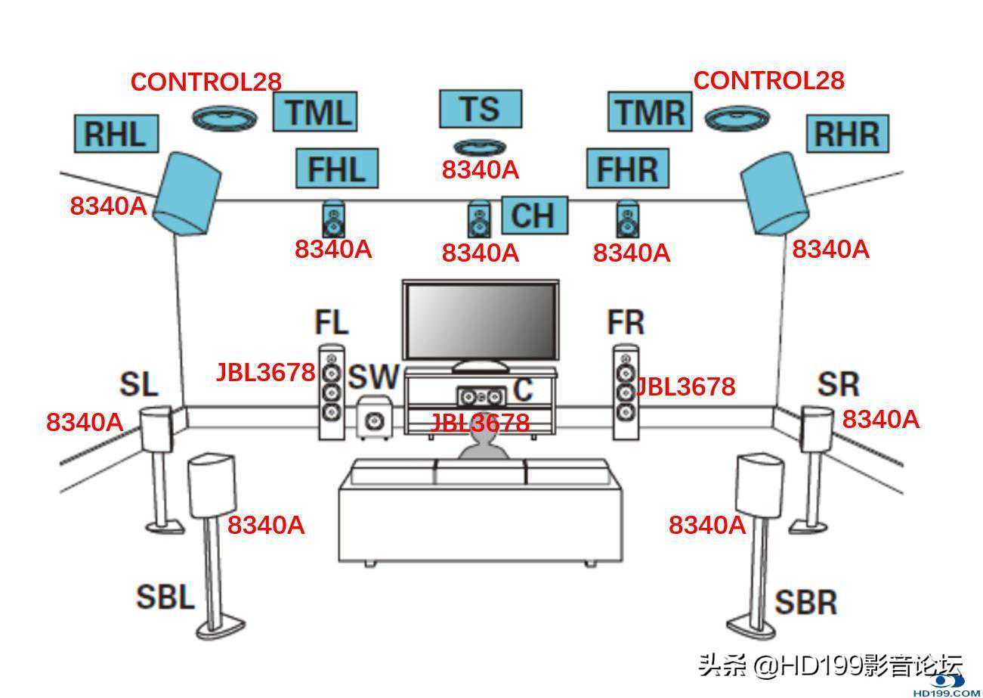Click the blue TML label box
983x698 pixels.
click(x=314, y=112)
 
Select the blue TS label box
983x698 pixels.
click(x=481, y=109)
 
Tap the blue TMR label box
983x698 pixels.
click(x=650, y=112)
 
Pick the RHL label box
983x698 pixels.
click(x=116, y=134)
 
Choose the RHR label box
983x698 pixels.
click(x=848, y=134)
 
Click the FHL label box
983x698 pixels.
click(x=336, y=168)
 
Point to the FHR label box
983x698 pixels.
click(x=627, y=168)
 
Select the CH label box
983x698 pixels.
click(x=534, y=215)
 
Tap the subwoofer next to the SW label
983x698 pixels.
click(x=374, y=418)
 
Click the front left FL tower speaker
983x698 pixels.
click(x=331, y=392)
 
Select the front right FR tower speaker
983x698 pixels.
click(x=625, y=392)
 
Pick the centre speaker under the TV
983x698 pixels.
click(x=480, y=396)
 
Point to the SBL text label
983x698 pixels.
click(x=165, y=597)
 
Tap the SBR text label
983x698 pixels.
click(x=806, y=602)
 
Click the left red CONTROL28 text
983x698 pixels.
click(x=206, y=82)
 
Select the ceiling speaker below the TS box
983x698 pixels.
click(x=480, y=147)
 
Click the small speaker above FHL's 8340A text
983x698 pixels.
click(x=333, y=219)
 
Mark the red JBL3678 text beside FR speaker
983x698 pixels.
click(x=685, y=386)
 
